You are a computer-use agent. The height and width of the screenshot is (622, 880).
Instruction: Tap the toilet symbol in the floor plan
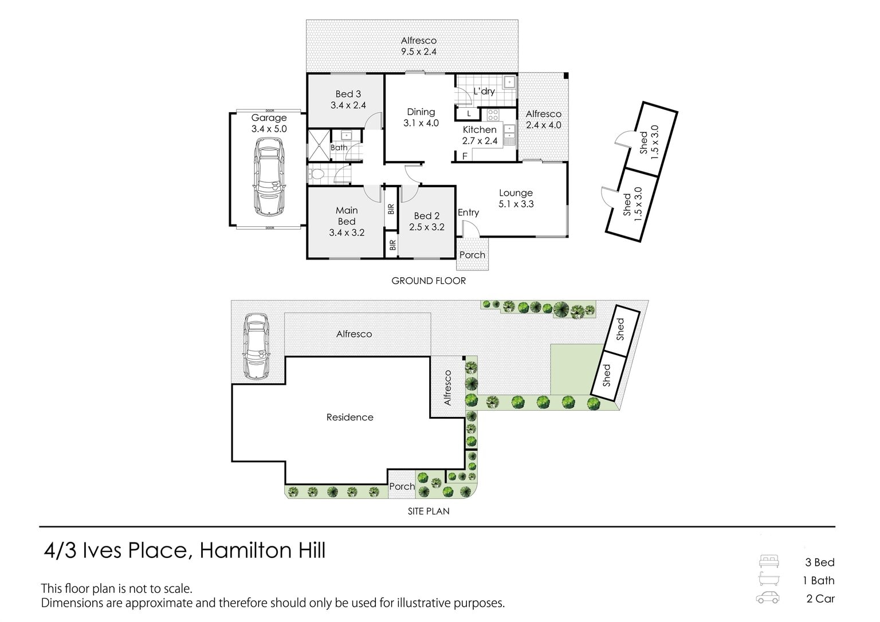pyautogui.click(x=316, y=174)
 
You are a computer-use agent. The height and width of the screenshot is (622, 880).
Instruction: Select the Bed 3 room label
pyautogui.click(x=348, y=94)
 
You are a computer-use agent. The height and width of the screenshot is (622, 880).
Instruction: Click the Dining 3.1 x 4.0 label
pyautogui.click(x=421, y=117)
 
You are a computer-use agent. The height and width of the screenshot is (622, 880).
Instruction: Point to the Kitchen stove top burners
pyautogui.click(x=493, y=115)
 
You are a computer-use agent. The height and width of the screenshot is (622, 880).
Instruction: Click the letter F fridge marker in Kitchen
pyautogui.click(x=465, y=156)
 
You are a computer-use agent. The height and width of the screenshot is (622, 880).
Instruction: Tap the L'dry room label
pyautogui.click(x=484, y=91)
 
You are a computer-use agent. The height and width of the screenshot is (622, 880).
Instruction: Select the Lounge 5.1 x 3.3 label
pyautogui.click(x=516, y=198)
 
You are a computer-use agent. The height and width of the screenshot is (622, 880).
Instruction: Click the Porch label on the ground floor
pyautogui.click(x=472, y=255)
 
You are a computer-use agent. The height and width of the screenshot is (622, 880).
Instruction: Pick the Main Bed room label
pyautogui.click(x=347, y=216)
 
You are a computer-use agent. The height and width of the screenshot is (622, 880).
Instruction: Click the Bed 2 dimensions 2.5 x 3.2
pyautogui.click(x=427, y=227)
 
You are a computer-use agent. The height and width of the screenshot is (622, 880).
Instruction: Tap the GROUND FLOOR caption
pyautogui.click(x=429, y=281)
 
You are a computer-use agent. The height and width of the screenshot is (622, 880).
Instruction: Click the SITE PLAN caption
pyautogui.click(x=429, y=511)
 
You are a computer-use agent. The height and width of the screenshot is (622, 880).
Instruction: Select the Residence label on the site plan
pyautogui.click(x=349, y=417)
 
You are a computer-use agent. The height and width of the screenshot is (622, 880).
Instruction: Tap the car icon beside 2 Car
pyautogui.click(x=768, y=598)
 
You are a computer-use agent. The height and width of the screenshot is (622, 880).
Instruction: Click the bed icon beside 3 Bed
pyautogui.click(x=769, y=561)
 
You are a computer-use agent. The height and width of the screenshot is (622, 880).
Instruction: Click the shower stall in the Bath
pyautogui.click(x=319, y=145)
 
